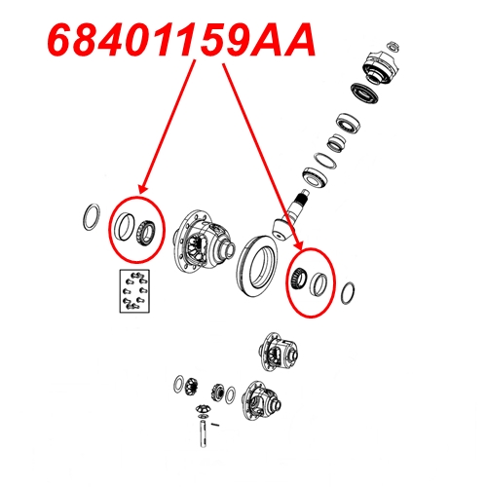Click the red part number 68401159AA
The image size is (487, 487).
[x=181, y=40]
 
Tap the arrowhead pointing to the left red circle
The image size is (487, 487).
[x=143, y=189]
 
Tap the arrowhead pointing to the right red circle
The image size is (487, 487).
[x=298, y=245]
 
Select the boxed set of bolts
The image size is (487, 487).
[x=134, y=291]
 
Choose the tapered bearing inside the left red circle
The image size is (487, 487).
[x=146, y=232]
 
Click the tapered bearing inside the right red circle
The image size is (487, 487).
[x=297, y=280]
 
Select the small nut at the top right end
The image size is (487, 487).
[x=393, y=46]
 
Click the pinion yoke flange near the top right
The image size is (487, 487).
[x=381, y=67]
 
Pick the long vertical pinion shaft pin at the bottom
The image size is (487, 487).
[x=203, y=433]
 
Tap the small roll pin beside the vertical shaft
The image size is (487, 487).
[x=215, y=424]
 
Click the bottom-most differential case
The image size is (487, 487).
[x=261, y=399]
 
